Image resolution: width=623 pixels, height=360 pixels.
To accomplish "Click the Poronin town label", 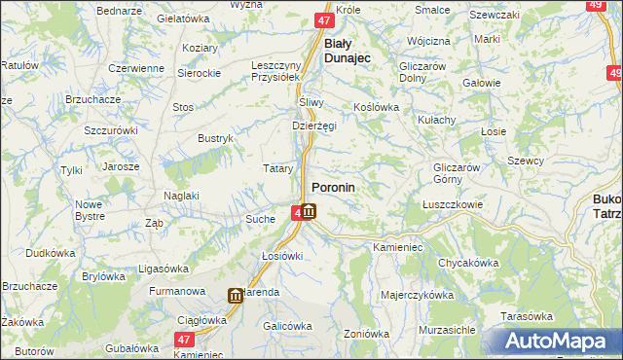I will click(x=333, y=187).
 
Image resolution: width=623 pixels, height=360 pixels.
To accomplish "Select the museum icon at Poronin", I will click(x=308, y=211).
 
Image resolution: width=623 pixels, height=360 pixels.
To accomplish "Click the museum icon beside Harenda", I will click(x=236, y=296).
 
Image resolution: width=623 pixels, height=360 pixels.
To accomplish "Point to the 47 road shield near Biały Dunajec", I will click(x=325, y=19).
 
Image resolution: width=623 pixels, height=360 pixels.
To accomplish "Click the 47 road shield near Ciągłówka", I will click(x=184, y=340).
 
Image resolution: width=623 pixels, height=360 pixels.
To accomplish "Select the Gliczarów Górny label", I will click(x=459, y=173).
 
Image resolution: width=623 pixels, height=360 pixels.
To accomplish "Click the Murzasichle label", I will click(x=447, y=330).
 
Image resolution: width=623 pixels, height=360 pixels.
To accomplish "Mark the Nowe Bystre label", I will click(x=89, y=210).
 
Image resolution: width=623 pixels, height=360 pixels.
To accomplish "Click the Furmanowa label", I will click(x=177, y=291).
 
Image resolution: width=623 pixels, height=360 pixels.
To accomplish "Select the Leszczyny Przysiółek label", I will click(x=278, y=72).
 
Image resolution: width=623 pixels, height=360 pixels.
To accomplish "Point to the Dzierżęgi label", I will click(x=313, y=126).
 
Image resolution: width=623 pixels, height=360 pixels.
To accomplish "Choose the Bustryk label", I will click(x=216, y=139).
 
